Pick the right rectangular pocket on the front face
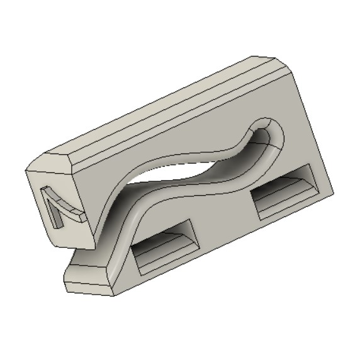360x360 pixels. tap(284, 191)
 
